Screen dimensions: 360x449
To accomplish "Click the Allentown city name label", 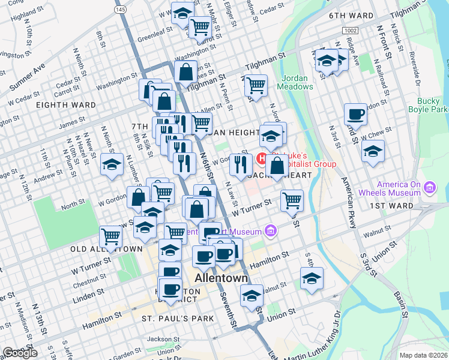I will click(x=221, y=278).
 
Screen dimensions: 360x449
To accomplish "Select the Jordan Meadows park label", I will click(x=295, y=82).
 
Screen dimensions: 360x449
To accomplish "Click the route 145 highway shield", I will click(x=121, y=10).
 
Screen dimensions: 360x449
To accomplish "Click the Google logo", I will click(x=20, y=353).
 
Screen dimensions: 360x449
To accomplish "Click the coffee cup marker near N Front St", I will click(x=355, y=114).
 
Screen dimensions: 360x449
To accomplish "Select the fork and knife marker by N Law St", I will click(x=241, y=163).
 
